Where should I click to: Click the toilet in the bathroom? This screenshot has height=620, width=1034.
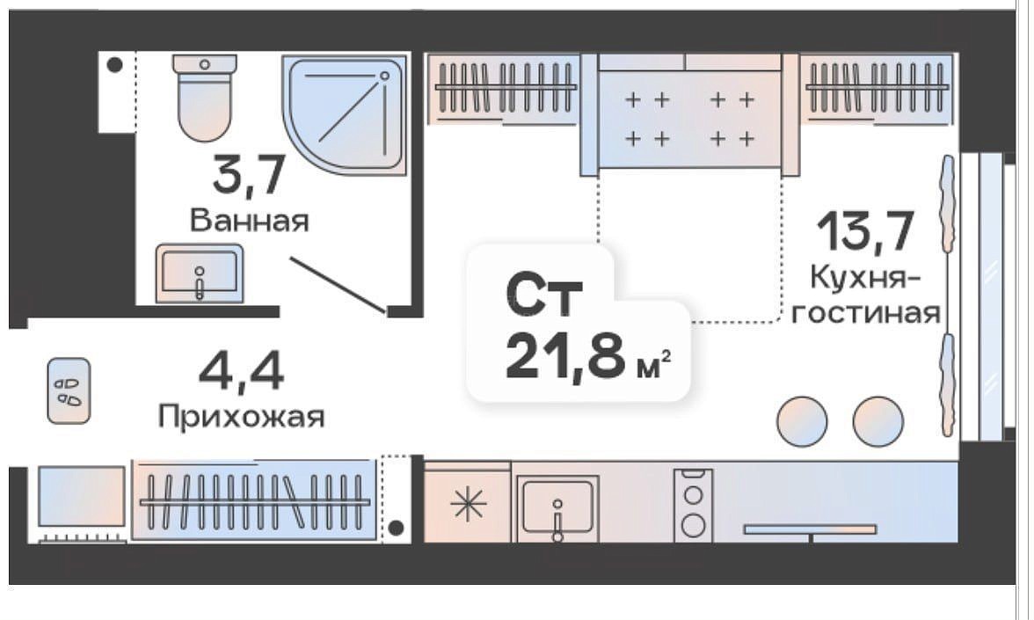(204, 97)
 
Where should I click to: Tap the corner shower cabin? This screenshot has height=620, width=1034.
(345, 114)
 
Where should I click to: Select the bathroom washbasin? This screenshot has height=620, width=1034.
(199, 274)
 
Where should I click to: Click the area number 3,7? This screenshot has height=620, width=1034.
(249, 175)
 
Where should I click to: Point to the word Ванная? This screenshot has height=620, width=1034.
(250, 220)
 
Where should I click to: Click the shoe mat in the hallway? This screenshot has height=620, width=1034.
(69, 390)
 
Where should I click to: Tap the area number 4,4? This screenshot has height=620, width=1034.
(241, 371)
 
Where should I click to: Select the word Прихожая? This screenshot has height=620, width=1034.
(241, 417)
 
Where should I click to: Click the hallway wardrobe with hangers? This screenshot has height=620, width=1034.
(254, 500)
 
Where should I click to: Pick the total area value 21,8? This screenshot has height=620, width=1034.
(565, 356)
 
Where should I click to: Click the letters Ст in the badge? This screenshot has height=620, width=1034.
(545, 296)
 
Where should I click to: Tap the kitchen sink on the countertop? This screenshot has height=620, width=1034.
(557, 507)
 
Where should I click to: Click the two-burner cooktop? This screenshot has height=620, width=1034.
(693, 505)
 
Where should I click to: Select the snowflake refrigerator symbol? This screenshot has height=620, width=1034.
(468, 505)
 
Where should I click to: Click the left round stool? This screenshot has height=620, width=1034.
(802, 420)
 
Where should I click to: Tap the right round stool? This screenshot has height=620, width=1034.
(877, 420)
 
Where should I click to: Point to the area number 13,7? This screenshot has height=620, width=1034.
(865, 230)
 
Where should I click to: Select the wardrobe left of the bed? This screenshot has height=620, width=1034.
(504, 89)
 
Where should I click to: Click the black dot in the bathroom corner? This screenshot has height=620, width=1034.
(114, 65)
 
